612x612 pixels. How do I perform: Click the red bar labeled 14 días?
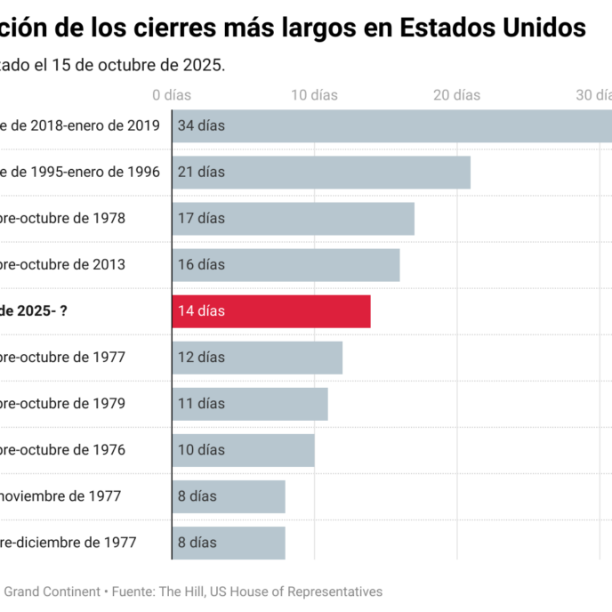pyautogui.click(x=271, y=311)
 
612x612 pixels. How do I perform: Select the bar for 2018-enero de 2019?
pyautogui.click(x=391, y=126)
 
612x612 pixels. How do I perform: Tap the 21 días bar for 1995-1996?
pyautogui.click(x=321, y=173)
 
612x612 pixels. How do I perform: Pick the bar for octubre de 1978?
pyautogui.click(x=293, y=219)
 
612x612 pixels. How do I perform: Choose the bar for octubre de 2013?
pyautogui.click(x=286, y=265)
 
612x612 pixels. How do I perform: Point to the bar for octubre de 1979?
pyautogui.click(x=250, y=404)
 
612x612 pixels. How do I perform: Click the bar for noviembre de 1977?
pyautogui.click(x=229, y=496)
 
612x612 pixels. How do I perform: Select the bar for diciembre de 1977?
pyautogui.click(x=229, y=543)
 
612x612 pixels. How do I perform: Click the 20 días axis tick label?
pyautogui.click(x=456, y=95)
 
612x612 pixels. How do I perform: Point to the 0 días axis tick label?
pyautogui.click(x=172, y=95)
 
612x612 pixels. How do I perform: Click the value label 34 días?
pyautogui.click(x=201, y=125)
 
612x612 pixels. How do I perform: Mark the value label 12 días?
pyautogui.click(x=201, y=357)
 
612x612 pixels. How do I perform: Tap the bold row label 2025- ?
pyautogui.click(x=36, y=311)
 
